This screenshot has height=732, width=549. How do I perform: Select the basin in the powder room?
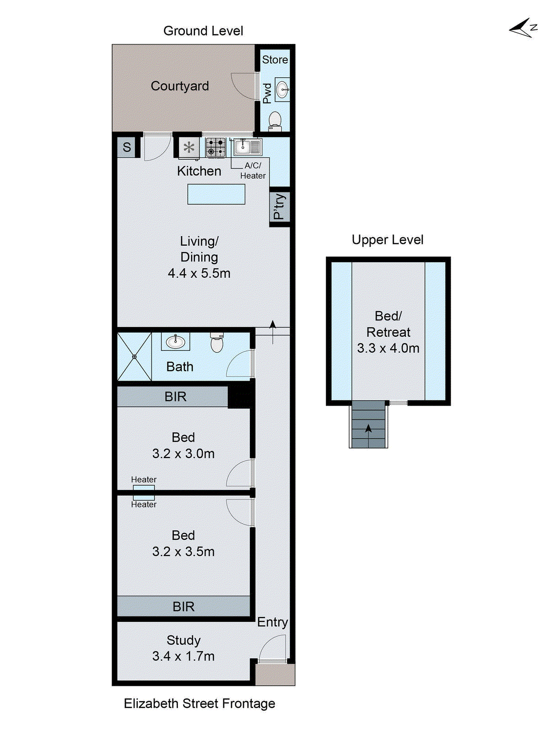pos(283,89)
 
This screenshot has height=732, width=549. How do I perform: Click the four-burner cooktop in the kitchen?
pos(215,147)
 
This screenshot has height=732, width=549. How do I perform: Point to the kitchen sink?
pos(248,147)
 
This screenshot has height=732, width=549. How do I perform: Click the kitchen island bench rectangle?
pos(216,194)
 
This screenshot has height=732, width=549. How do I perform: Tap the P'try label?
pos(279,207)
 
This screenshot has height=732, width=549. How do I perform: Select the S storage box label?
pos(127,147)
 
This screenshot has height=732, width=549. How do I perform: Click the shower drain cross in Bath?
pos(135,356)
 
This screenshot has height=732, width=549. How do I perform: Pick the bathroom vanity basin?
pos(175,341)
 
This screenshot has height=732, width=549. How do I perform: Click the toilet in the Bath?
pos(217,343)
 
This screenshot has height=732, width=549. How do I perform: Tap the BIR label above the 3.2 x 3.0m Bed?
pos(175,397)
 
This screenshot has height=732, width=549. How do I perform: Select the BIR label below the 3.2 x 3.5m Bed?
pos(183,607)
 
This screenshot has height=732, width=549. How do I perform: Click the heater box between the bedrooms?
pos(144,492)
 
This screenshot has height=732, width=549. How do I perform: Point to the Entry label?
pos(272,622)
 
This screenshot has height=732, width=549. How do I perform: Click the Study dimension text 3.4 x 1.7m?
pos(183,656)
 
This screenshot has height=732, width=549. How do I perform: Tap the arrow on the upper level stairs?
pos(368,429)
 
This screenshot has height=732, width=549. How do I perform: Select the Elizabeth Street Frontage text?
pos(199,703)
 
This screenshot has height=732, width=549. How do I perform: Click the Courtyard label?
pos(180,86)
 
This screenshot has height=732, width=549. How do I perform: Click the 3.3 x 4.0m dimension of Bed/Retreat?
pos(388,348)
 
